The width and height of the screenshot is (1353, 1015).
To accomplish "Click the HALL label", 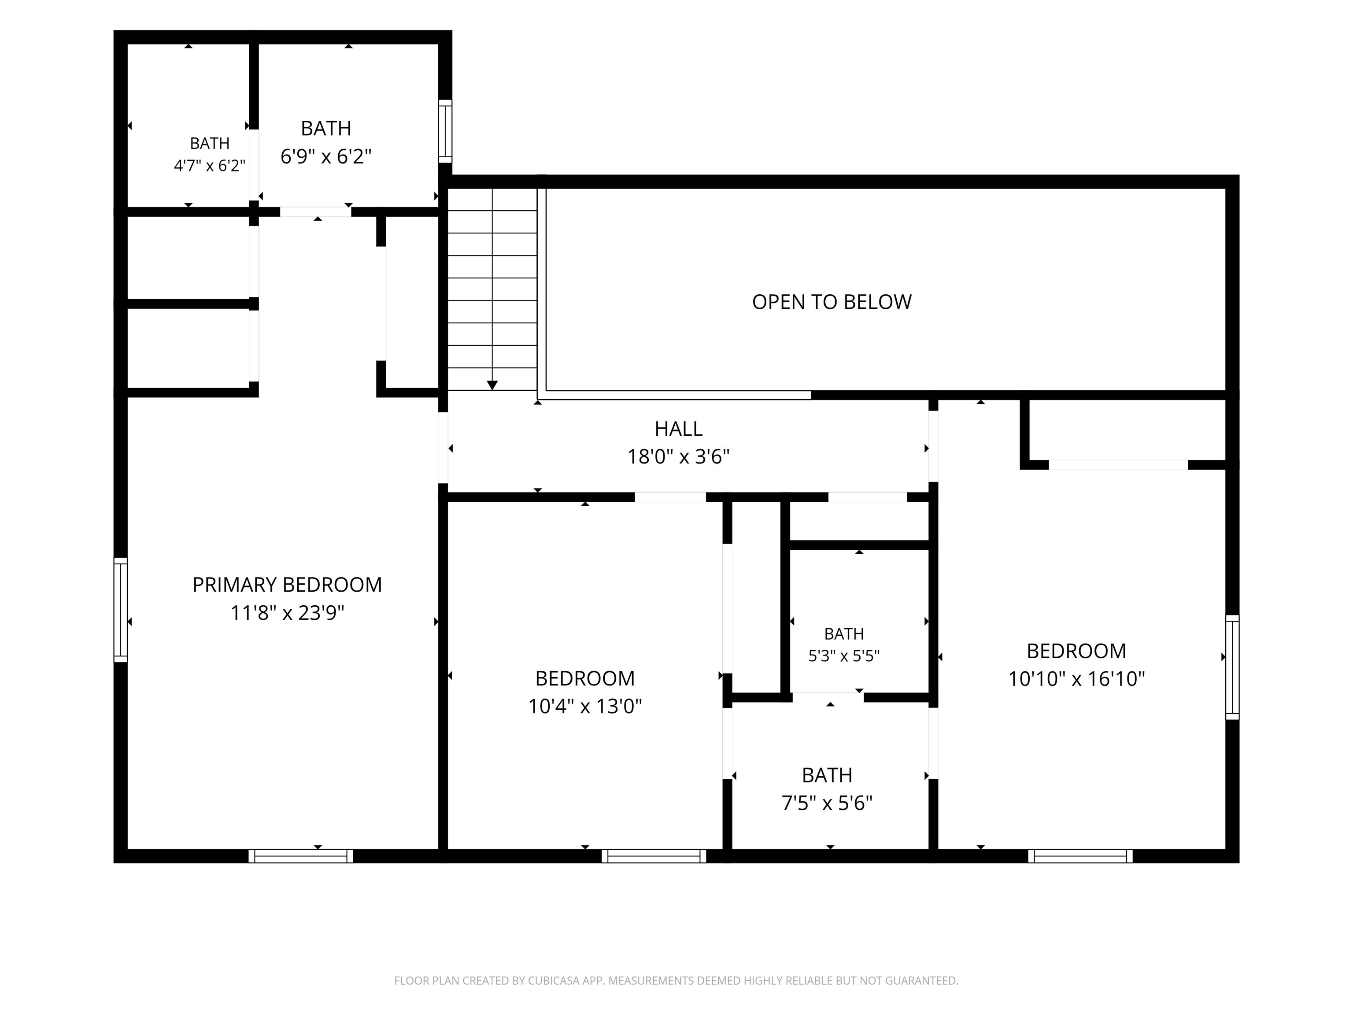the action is (678, 429).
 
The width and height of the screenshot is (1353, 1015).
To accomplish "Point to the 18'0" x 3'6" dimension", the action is (678, 456).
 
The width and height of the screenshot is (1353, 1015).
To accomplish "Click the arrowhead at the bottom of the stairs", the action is (492, 385).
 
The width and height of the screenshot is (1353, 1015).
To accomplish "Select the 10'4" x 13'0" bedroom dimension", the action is (585, 706).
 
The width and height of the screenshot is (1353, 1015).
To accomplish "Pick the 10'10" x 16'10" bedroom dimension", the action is (1076, 678).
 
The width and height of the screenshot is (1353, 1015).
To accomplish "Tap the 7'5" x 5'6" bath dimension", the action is (827, 803).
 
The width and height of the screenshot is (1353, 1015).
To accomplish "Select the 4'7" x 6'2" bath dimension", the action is (209, 165).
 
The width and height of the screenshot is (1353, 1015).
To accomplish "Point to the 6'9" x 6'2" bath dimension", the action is (325, 157).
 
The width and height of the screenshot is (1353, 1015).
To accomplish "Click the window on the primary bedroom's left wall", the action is (121, 609).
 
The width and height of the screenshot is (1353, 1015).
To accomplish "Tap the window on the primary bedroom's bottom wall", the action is (300, 856).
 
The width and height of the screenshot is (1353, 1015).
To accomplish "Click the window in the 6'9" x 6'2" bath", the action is (445, 132).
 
